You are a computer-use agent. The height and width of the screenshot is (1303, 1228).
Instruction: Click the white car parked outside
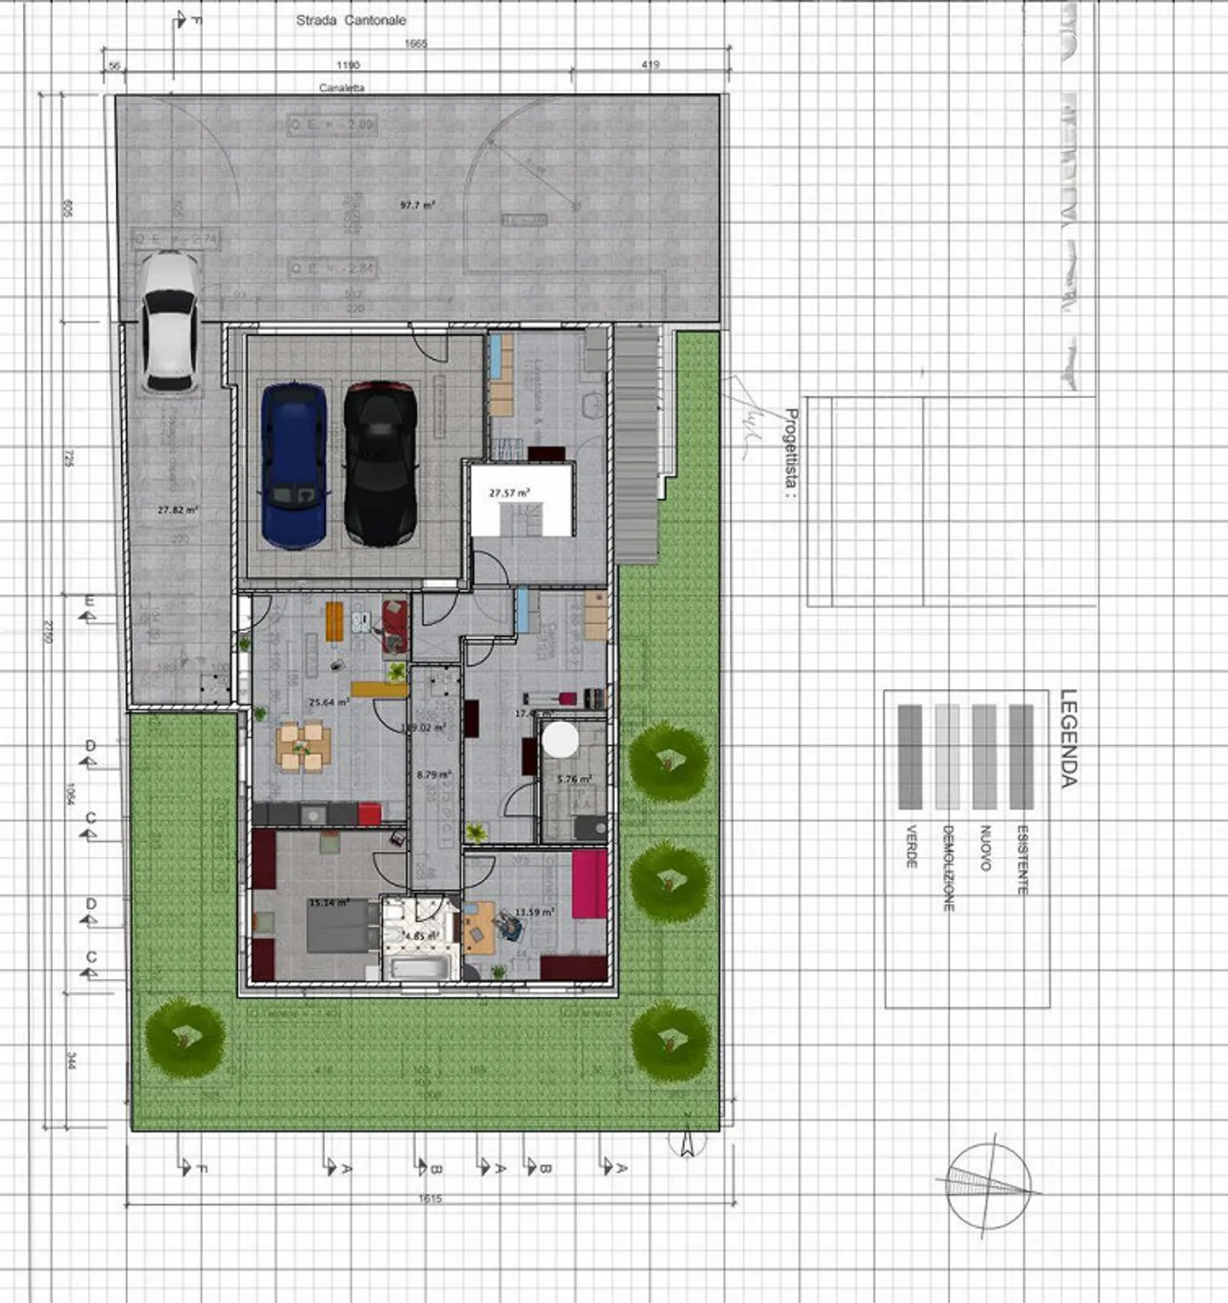coord(169,321)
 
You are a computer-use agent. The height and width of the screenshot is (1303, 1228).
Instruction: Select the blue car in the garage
coord(293,465)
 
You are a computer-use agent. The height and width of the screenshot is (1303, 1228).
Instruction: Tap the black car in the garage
coord(379,463)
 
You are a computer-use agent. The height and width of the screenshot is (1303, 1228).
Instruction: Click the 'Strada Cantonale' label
coord(350,20)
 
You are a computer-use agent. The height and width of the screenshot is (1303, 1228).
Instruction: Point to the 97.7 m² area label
coord(418,205)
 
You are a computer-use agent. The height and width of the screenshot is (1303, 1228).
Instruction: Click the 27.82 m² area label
coord(177,510)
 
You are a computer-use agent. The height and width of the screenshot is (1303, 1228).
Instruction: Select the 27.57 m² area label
coord(509,493)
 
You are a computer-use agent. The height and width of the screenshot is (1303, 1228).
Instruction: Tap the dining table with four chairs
coord(303,747)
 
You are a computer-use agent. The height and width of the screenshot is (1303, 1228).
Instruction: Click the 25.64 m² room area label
coord(329,703)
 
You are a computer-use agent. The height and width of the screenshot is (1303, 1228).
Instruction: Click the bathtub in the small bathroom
coord(420,968)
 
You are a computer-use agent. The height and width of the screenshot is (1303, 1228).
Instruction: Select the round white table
coord(560,739)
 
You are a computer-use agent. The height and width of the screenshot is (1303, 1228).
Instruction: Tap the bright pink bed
coord(589,884)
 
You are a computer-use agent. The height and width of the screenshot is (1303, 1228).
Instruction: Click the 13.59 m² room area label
coord(535,912)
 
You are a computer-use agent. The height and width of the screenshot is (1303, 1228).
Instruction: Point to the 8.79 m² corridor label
coord(434,775)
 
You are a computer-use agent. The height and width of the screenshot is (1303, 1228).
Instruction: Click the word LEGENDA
coord(1069,738)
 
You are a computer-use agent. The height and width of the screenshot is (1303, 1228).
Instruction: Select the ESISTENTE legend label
coord(1022,860)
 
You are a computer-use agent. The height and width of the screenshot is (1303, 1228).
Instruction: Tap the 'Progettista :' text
coord(791,453)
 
